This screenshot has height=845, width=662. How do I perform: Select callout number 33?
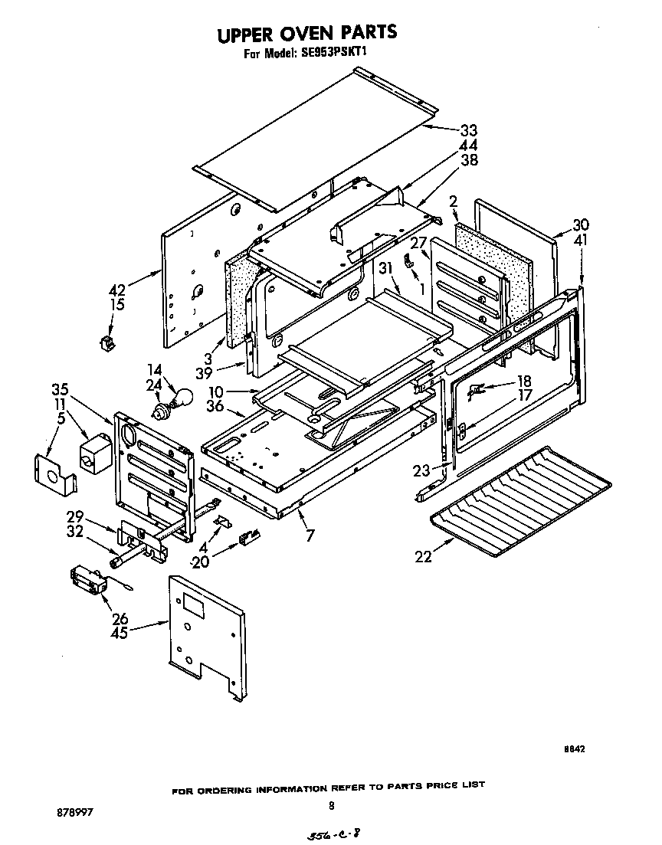pyautogui.click(x=469, y=130)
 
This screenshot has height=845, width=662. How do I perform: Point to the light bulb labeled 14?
pyautogui.click(x=182, y=398)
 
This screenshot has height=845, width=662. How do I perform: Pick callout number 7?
pyautogui.click(x=310, y=536)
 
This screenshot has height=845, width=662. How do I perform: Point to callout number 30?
pyautogui.click(x=582, y=224)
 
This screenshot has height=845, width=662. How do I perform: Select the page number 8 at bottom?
pyautogui.click(x=331, y=805)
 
